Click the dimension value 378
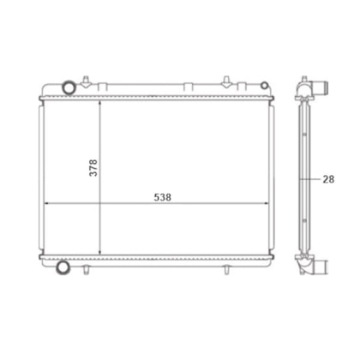pos(93,168)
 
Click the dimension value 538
pos(163,197)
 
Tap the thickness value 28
pos(328,179)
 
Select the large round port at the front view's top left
pos(69,87)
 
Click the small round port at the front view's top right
pos(265,85)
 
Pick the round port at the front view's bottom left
pos(63,267)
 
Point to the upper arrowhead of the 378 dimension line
pos(99,103)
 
